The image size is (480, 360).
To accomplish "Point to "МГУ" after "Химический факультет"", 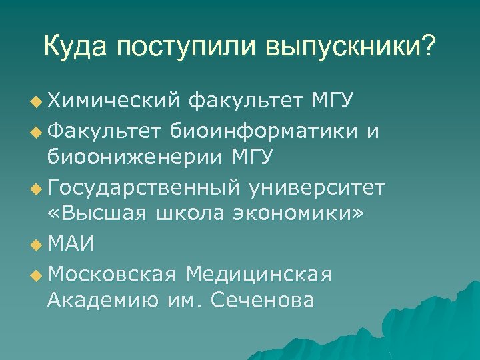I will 332,101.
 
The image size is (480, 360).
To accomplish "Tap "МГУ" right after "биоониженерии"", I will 253,159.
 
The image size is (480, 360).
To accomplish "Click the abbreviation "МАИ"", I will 71,245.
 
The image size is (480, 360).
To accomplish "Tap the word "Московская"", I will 112,274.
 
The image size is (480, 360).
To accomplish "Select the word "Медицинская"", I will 259,274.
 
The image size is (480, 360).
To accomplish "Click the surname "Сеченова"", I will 261,301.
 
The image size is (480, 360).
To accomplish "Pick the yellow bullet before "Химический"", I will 35,102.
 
